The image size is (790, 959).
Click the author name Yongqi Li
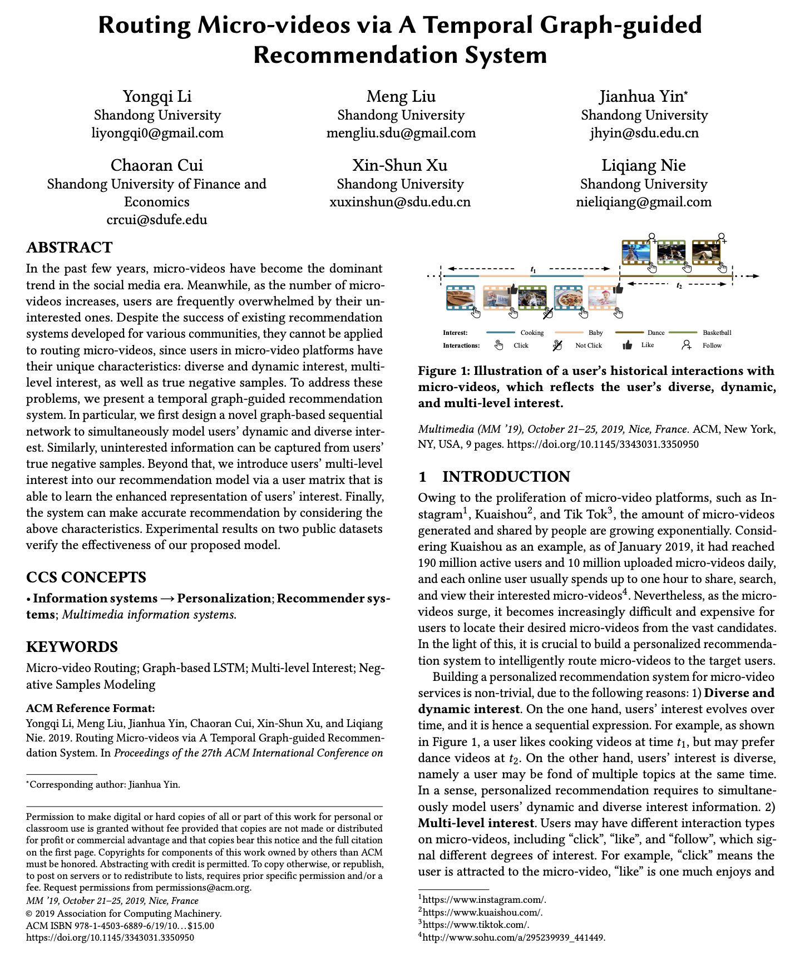tap(157, 96)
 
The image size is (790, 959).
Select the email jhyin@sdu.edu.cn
tap(644, 133)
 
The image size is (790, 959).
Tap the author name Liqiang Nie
tap(643, 165)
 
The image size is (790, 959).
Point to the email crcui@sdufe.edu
tap(157, 219)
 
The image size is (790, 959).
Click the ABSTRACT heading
tap(70, 248)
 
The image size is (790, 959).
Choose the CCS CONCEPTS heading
tap(86, 577)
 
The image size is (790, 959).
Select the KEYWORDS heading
tap(72, 647)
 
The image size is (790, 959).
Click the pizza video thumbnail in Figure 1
tap(568, 298)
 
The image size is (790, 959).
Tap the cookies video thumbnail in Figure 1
tap(460, 298)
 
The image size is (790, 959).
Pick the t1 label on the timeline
tap(533, 270)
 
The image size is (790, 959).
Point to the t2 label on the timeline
tap(679, 285)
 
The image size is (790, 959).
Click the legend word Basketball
tap(717, 333)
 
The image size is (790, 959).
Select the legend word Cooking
tap(532, 333)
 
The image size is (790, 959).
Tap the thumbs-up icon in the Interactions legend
tap(627, 345)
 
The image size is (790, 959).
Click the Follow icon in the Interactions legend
tap(687, 345)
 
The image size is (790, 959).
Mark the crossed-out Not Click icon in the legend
tap(557, 345)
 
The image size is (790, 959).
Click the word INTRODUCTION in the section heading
tap(506, 477)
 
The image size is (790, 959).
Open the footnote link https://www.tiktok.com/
tap(476, 925)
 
